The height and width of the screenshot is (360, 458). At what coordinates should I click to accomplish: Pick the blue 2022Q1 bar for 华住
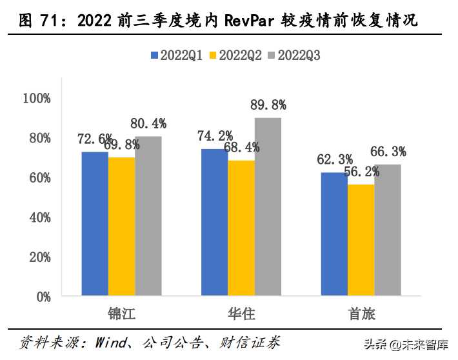click(x=215, y=223)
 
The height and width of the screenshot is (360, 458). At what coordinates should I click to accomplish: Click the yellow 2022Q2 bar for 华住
click(x=241, y=228)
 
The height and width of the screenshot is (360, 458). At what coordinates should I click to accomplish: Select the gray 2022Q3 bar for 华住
click(x=268, y=207)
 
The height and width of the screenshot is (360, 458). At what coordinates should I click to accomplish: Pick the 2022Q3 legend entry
click(x=296, y=55)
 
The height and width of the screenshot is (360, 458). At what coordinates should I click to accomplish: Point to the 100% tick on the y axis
click(x=36, y=98)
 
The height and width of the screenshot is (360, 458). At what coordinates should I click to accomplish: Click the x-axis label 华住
click(x=241, y=314)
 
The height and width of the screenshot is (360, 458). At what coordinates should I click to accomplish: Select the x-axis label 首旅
click(x=361, y=314)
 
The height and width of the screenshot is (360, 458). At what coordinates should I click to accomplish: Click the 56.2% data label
click(x=361, y=172)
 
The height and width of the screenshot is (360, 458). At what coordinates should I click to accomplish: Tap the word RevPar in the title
click(x=252, y=21)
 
